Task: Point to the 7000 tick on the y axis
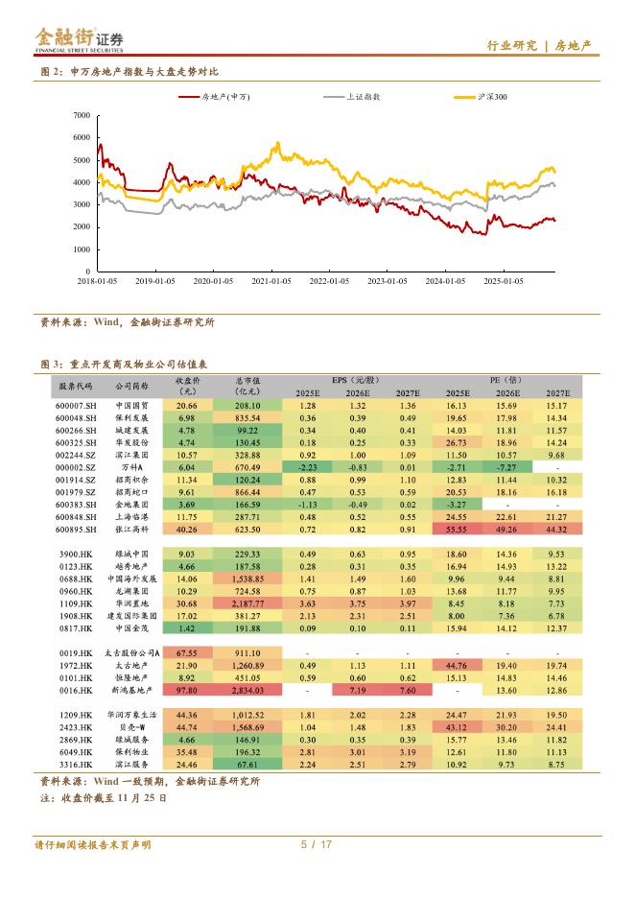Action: [82, 115]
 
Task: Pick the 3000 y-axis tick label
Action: [82, 204]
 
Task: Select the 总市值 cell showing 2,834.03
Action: [247, 690]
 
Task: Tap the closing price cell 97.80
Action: [186, 690]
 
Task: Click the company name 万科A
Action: [130, 465]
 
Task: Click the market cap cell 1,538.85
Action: [247, 579]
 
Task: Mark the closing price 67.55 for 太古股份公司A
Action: [186, 651]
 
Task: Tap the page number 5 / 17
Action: [316, 845]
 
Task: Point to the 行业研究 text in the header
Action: [506, 46]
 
